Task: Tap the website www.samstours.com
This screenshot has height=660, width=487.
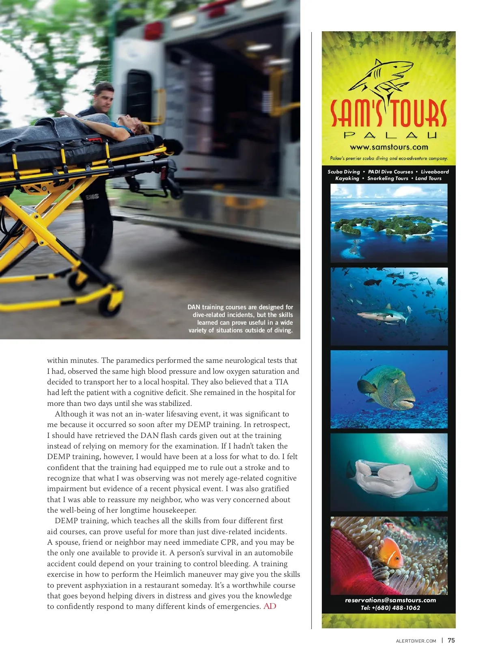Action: [x=389, y=147]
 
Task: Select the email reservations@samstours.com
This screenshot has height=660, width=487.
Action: [x=390, y=600]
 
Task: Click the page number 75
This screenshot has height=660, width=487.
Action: [x=451, y=641]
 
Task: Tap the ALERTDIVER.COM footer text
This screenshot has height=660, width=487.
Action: [x=416, y=641]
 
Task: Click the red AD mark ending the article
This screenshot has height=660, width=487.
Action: [x=270, y=606]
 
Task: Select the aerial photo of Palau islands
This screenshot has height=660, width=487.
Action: [x=389, y=223]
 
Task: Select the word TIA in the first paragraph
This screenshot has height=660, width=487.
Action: [x=281, y=382]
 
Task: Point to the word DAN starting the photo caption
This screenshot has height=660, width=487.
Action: [x=194, y=307]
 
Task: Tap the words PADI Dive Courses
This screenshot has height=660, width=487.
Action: [x=390, y=172]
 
